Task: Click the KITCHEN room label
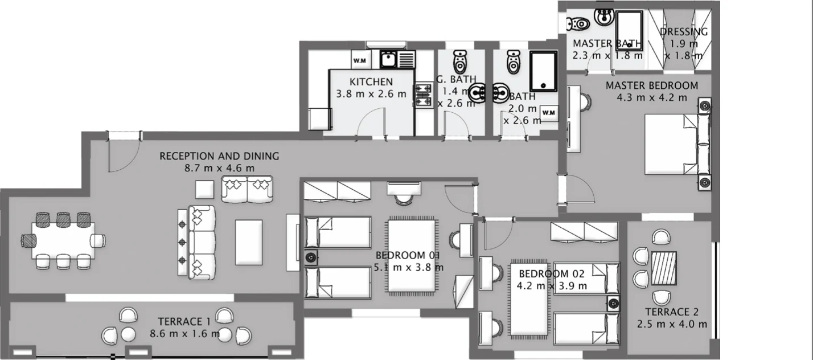click(x=371, y=81)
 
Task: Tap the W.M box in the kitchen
click(x=360, y=60)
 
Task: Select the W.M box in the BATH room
click(x=549, y=113)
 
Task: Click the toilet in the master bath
click(x=578, y=24)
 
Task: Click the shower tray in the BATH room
click(x=543, y=71)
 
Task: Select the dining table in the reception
click(x=63, y=240)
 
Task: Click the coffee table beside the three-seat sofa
click(x=249, y=242)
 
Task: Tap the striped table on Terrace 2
click(x=664, y=268)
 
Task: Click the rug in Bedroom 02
click(x=529, y=298)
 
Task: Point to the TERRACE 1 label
click(x=184, y=321)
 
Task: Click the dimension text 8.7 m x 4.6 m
click(x=219, y=168)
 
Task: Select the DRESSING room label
click(x=684, y=32)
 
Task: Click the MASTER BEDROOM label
click(x=652, y=86)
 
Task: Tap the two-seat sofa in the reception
click(x=247, y=189)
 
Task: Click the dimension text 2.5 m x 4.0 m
click(x=672, y=324)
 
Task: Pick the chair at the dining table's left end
click(x=28, y=240)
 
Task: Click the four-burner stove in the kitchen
click(x=423, y=95)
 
